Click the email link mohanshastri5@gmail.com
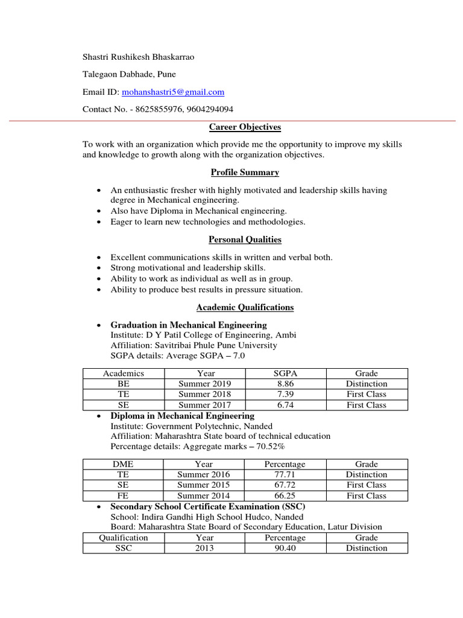tap(172, 92)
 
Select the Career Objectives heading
tap(245, 127)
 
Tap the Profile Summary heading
tap(245, 173)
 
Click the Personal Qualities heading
tap(245, 240)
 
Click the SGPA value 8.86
tap(285, 384)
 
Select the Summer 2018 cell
tap(204, 394)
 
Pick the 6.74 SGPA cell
tap(285, 405)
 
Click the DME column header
tap(123, 464)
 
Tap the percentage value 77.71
tap(285, 474)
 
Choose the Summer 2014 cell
tap(204, 495)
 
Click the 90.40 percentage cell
tap(285, 548)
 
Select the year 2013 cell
tap(204, 548)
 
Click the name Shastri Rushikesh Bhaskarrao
tap(139, 57)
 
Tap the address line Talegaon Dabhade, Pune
tap(129, 74)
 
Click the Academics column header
tap(123, 374)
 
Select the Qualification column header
tap(123, 538)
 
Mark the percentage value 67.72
tap(285, 485)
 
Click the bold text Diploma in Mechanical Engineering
tap(182, 416)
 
